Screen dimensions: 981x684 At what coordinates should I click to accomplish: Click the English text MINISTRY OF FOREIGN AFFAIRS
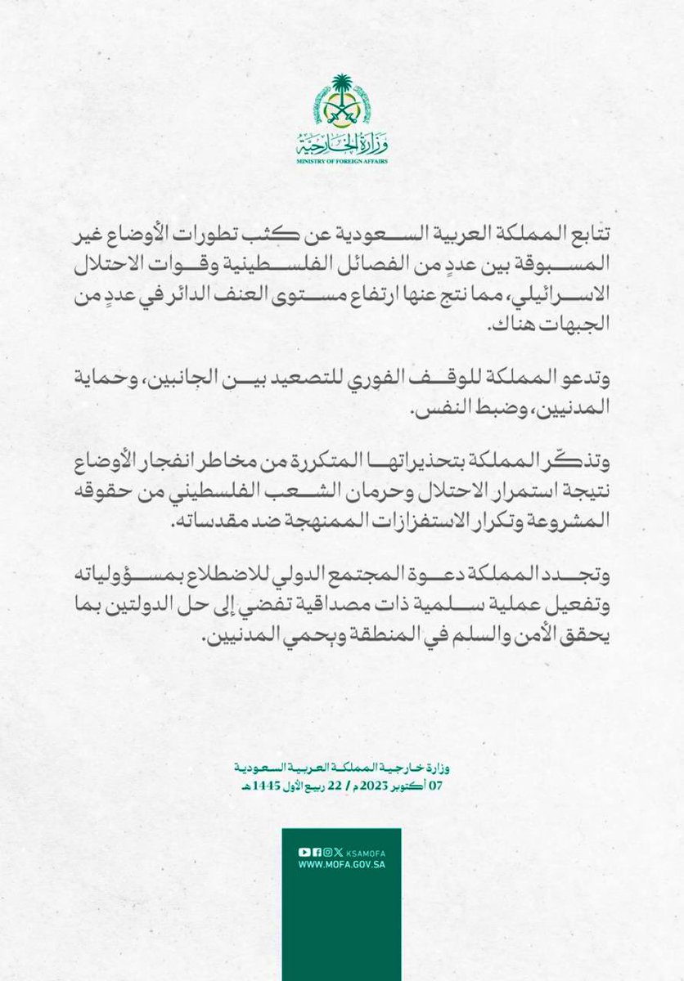point(342,161)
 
